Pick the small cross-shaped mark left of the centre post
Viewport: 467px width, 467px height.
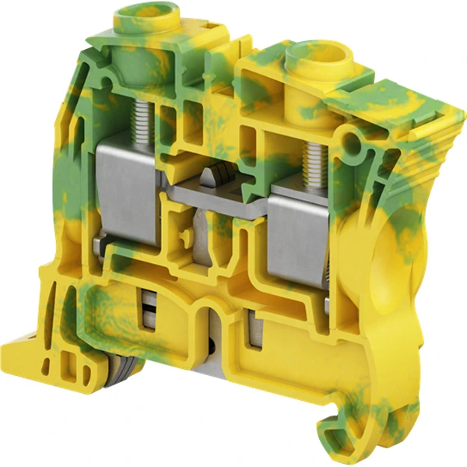point(181,233)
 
